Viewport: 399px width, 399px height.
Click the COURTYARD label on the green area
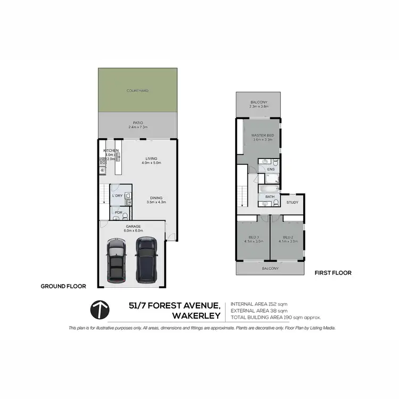[137, 91]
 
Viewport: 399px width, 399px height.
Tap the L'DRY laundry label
[118, 196]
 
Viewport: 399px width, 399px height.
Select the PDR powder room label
[119, 213]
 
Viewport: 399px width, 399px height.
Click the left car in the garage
[115, 260]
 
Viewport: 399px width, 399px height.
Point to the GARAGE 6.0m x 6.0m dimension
[132, 228]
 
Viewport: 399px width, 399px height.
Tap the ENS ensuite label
[270, 170]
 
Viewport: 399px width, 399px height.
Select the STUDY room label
[292, 202]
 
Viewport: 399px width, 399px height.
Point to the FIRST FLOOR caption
[333, 272]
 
